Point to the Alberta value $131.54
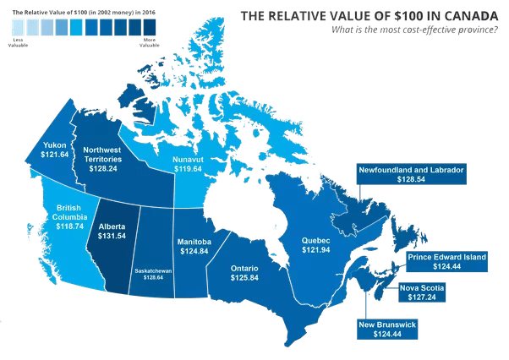[x=112, y=236]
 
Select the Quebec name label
[x=315, y=242]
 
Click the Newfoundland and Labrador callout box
[x=411, y=175]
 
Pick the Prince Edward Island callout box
[x=447, y=261]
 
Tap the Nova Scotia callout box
[x=421, y=292]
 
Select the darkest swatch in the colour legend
[x=149, y=28]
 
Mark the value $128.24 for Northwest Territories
[x=102, y=168]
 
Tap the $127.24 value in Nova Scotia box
[x=421, y=297]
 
